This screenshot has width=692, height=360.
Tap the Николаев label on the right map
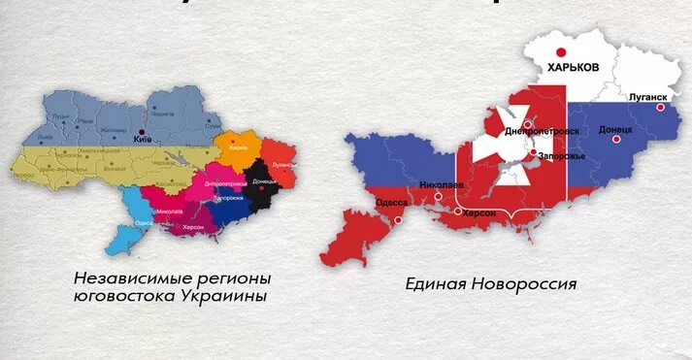[x=442, y=183]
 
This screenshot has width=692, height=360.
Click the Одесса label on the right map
[x=391, y=202]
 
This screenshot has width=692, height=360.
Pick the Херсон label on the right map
[x=479, y=213]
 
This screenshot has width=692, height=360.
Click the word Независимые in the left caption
[x=123, y=277]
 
